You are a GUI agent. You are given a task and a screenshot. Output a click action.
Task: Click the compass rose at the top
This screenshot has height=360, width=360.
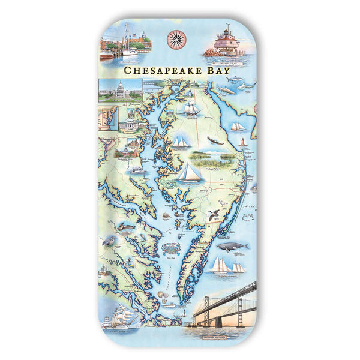pos(176,39)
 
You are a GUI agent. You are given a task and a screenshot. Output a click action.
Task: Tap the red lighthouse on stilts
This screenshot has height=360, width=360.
pos(226,43)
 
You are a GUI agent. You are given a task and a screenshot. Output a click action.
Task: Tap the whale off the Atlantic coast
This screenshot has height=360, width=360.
pos(232,246)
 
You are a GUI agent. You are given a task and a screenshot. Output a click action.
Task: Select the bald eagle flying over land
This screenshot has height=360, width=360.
pos(215,141)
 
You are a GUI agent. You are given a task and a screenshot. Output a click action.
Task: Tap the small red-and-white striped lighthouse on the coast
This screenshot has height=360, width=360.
pos(242,142)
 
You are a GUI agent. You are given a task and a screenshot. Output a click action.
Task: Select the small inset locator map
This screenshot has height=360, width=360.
pos(108,118)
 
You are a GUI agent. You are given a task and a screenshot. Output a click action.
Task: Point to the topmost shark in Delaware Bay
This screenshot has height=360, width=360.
pos(234,79)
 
